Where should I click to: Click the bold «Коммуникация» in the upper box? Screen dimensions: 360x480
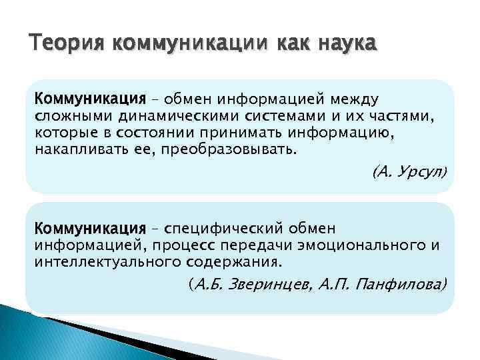click(90, 99)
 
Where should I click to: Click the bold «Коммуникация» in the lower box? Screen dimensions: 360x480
click(90, 229)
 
